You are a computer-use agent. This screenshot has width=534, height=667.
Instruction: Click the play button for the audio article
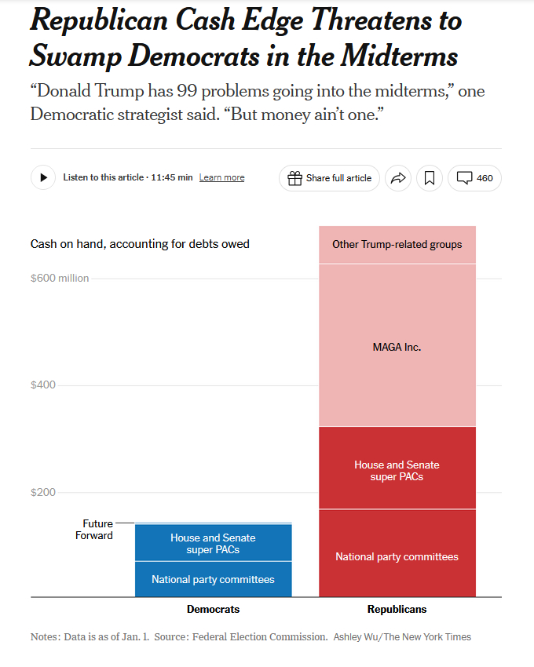43,177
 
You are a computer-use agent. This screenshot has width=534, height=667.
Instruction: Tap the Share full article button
329,178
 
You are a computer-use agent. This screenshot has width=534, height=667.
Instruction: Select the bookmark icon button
430,178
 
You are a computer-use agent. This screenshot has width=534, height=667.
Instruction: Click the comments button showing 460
474,178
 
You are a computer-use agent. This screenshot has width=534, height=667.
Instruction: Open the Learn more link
221,178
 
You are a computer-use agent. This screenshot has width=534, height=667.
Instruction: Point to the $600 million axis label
60,278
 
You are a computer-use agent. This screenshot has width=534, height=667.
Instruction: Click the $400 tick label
44,385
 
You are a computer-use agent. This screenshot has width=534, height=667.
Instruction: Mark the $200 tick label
44,493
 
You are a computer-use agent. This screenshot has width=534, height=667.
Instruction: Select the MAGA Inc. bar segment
397,346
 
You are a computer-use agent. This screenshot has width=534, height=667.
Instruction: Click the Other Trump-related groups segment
397,244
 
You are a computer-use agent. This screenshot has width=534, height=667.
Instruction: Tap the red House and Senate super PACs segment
397,470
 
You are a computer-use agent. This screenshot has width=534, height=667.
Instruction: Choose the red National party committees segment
397,556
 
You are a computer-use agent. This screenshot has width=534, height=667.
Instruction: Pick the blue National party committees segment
213,580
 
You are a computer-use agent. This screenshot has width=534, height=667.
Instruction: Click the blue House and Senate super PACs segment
213,543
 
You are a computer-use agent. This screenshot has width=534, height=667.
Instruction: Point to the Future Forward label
97,530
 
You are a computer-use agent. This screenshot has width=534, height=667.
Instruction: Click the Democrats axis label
213,610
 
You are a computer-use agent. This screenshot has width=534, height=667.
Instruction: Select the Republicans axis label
397,610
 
